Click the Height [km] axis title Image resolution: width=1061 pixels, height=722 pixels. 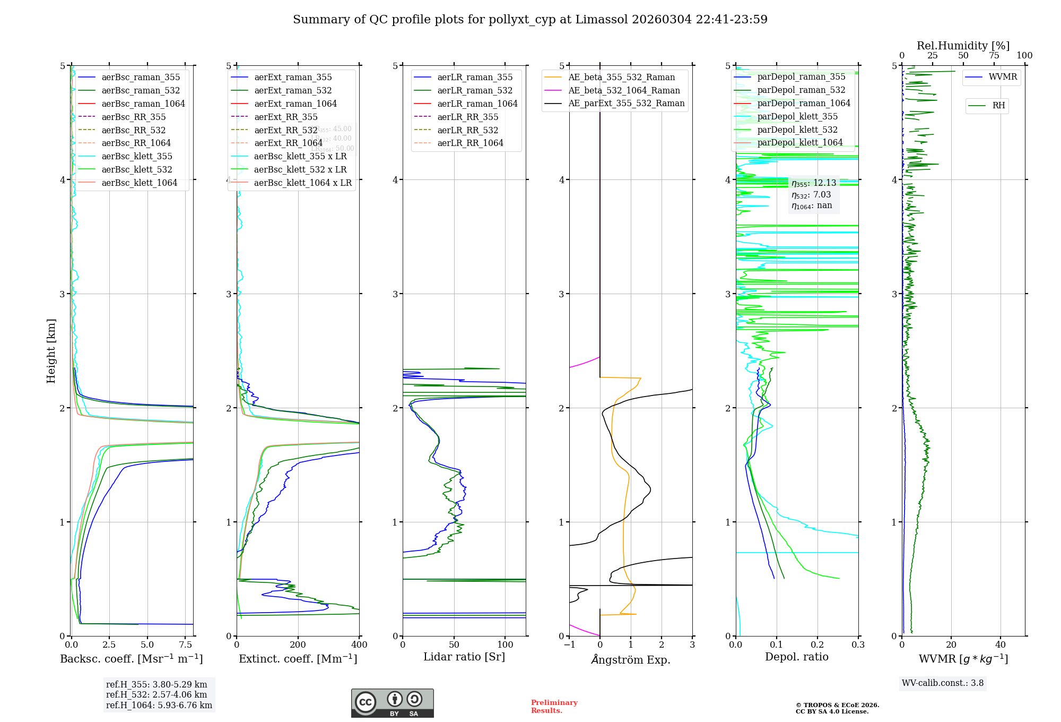pos(51,351)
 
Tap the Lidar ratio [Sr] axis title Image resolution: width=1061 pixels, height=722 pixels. pos(464,657)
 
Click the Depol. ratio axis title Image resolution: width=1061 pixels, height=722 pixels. pos(796,657)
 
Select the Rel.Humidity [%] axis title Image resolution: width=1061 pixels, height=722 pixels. pos(963,46)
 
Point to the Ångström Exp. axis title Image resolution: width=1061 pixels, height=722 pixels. pos(631,660)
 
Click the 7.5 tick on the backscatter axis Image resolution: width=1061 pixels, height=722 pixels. pos(186,645)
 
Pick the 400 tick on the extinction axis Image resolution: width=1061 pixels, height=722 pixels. pos(359,645)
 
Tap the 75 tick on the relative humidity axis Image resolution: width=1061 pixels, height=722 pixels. pos(994,56)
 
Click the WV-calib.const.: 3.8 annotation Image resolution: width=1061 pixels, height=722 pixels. pos(943,683)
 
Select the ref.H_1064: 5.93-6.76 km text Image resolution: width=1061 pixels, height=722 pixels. pos(159,706)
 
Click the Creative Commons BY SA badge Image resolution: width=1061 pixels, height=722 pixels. pos(392,703)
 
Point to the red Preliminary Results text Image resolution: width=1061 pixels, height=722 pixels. pos(554,707)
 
